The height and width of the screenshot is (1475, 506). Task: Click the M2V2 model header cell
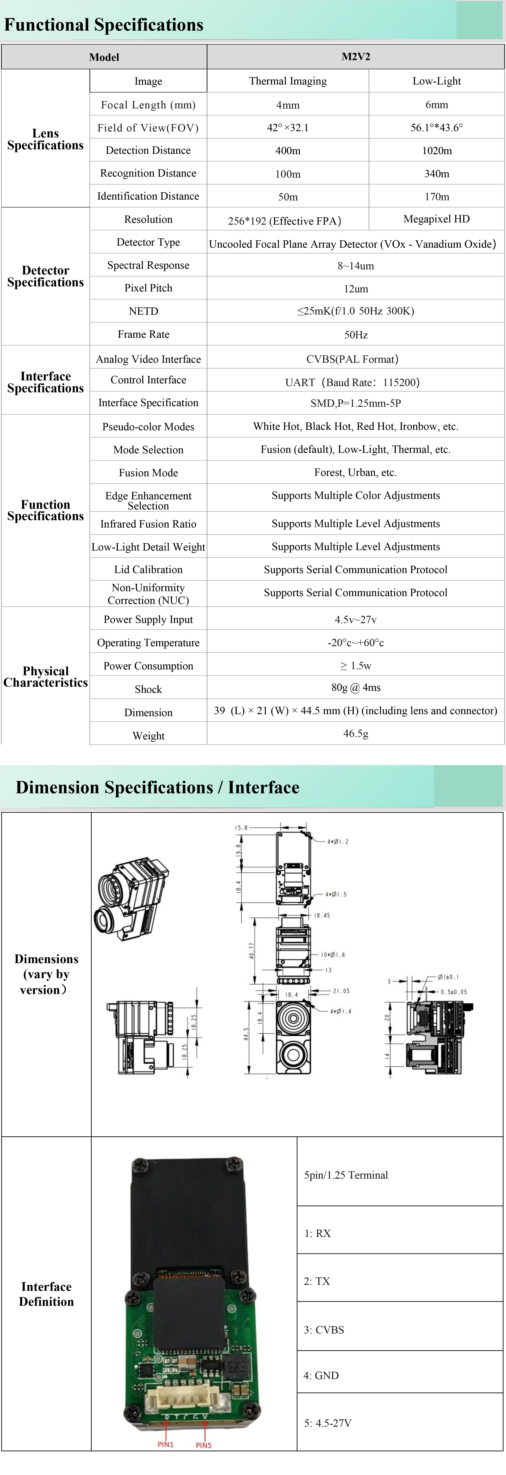[355, 57]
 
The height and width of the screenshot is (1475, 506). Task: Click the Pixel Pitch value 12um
[355, 289]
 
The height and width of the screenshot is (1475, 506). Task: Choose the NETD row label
[143, 311]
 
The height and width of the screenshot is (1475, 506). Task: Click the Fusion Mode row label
[148, 472]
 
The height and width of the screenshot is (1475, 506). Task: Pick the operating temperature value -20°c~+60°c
[355, 642]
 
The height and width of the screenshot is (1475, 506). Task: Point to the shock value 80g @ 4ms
[355, 687]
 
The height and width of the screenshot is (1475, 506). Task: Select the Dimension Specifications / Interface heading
[157, 787]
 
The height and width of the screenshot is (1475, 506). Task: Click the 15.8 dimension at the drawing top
[241, 827]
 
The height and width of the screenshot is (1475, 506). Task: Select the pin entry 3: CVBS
[324, 1329]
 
